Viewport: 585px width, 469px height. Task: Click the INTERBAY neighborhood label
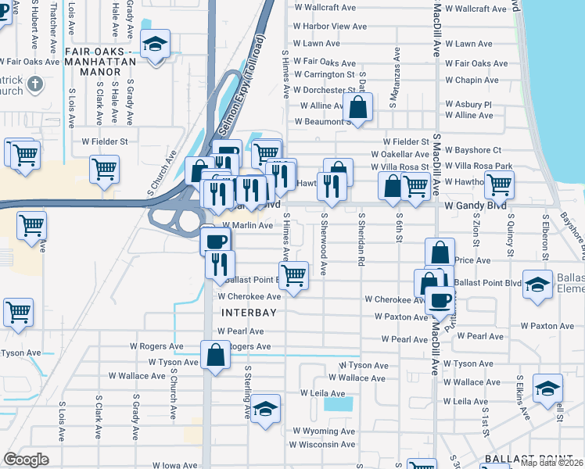click(250, 312)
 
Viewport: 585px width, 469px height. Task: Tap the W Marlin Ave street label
click(248, 225)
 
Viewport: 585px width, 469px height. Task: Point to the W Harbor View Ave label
click(329, 26)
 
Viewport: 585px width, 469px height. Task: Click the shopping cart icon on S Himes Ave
click(293, 274)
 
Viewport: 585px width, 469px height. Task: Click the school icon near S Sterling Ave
click(266, 408)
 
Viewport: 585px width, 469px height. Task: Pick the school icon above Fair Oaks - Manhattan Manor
click(155, 45)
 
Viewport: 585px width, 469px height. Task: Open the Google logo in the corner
click(26, 460)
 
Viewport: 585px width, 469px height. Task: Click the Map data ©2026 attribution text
click(551, 463)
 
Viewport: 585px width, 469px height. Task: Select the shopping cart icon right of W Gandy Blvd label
click(499, 185)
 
